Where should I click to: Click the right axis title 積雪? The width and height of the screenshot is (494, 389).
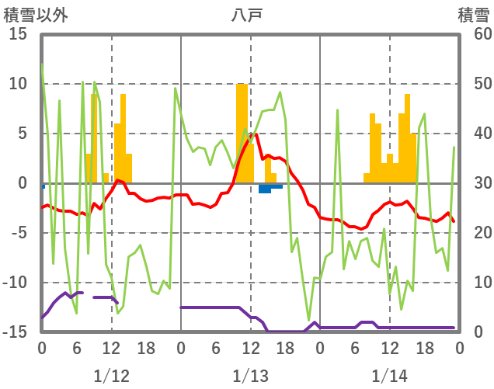pyautogui.click(x=474, y=14)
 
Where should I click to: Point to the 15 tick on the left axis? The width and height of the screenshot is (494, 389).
pyautogui.click(x=19, y=35)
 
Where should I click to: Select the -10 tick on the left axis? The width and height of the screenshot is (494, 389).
pyautogui.click(x=16, y=283)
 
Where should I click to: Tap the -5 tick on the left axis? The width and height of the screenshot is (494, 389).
pyautogui.click(x=19, y=233)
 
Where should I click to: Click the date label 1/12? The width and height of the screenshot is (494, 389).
pyautogui.click(x=111, y=376)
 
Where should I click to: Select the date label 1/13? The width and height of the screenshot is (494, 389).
pyautogui.click(x=250, y=376)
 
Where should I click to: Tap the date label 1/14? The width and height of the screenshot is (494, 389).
pyautogui.click(x=389, y=376)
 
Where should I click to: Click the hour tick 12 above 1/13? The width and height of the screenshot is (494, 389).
pyautogui.click(x=250, y=349)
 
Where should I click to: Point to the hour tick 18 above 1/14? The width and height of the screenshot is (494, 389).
pyautogui.click(x=424, y=349)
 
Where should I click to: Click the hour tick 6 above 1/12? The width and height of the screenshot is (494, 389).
pyautogui.click(x=76, y=349)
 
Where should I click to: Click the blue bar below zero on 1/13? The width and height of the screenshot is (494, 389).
pyautogui.click(x=265, y=188)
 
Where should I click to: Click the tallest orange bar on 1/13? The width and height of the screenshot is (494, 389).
pyautogui.click(x=242, y=132)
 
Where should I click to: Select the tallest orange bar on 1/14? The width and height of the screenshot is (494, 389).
pyautogui.click(x=407, y=138)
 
